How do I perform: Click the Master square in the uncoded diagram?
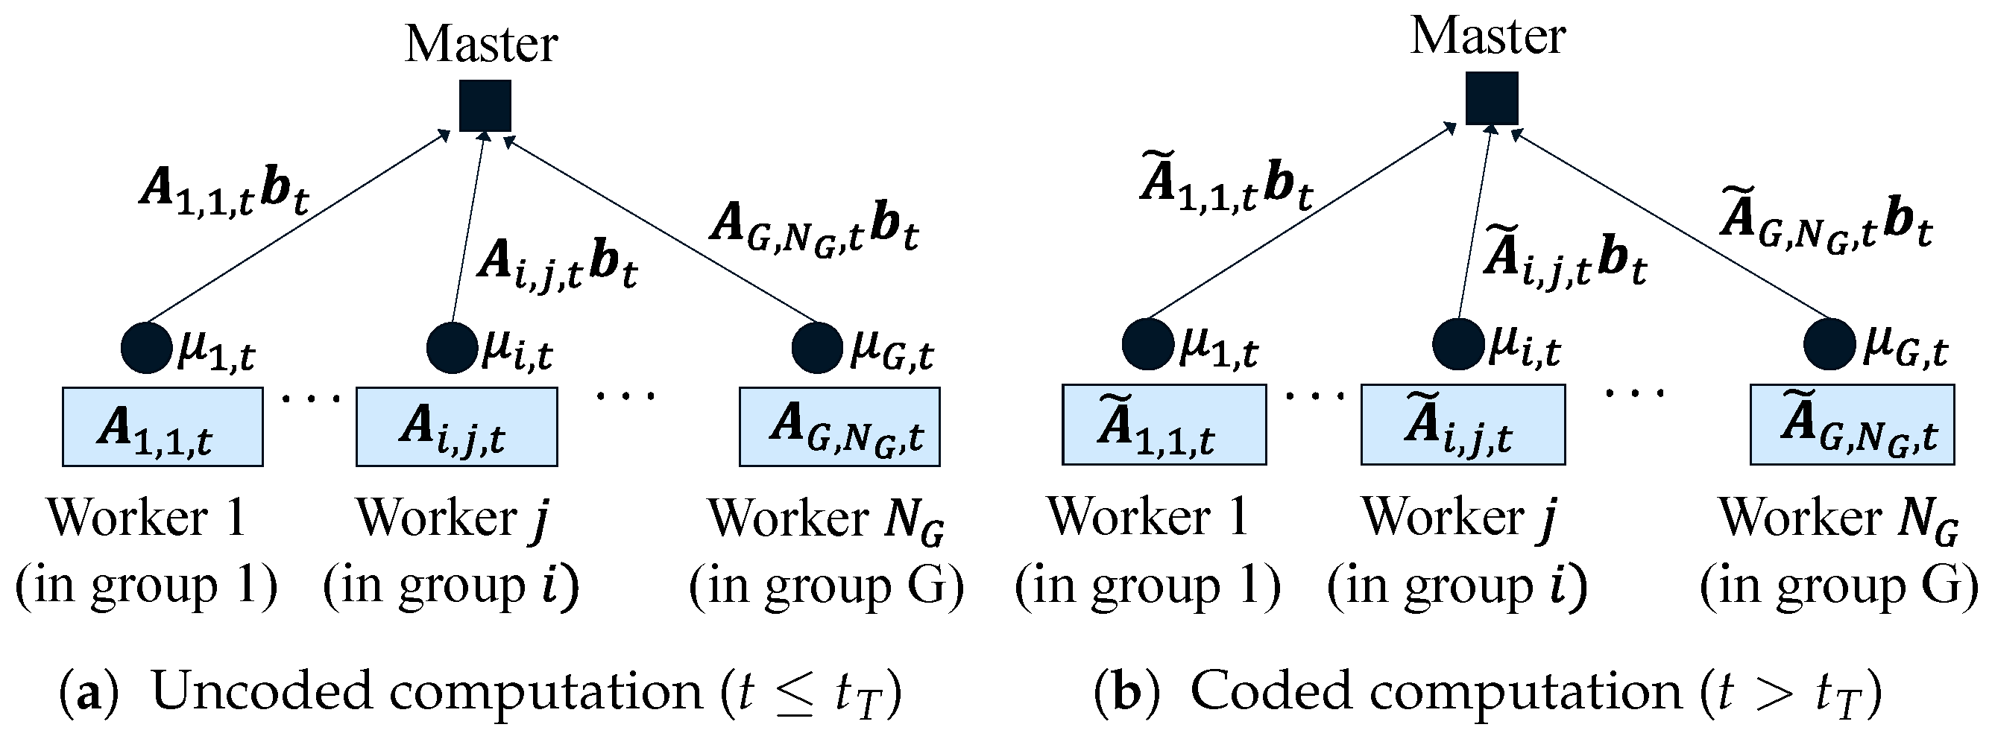pyautogui.click(x=485, y=105)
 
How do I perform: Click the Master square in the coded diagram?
pyautogui.click(x=1492, y=98)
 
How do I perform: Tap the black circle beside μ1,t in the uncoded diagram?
pyautogui.click(x=146, y=348)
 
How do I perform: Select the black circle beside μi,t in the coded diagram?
pyautogui.click(x=1457, y=344)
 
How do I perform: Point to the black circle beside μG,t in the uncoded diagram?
pyautogui.click(x=816, y=348)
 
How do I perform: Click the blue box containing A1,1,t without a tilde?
pyautogui.click(x=163, y=427)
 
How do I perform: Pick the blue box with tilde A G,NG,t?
pyautogui.click(x=1851, y=425)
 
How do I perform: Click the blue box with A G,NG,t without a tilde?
pyautogui.click(x=839, y=427)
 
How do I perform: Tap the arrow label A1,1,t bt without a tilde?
pyautogui.click(x=224, y=190)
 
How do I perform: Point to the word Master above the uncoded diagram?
pyautogui.click(x=481, y=44)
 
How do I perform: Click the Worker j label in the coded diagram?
pyautogui.click(x=1457, y=516)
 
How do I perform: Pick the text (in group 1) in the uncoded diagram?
pyautogui.click(x=146, y=586)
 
